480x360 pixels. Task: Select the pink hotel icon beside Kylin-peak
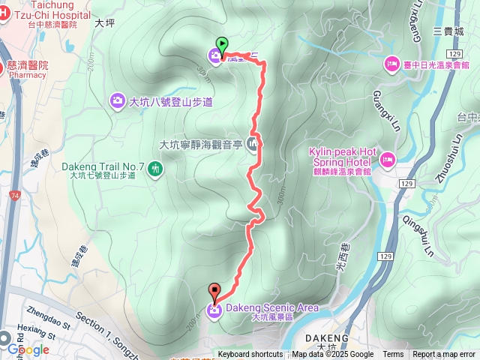point(387,158)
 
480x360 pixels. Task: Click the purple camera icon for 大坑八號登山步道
point(118,100)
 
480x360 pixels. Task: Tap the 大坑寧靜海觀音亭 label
point(202,145)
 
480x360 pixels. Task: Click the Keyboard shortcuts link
point(250,355)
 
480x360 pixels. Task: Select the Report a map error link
point(444,355)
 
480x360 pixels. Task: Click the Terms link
point(393,355)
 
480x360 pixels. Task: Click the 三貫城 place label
point(448,31)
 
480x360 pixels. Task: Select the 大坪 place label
point(105,23)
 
